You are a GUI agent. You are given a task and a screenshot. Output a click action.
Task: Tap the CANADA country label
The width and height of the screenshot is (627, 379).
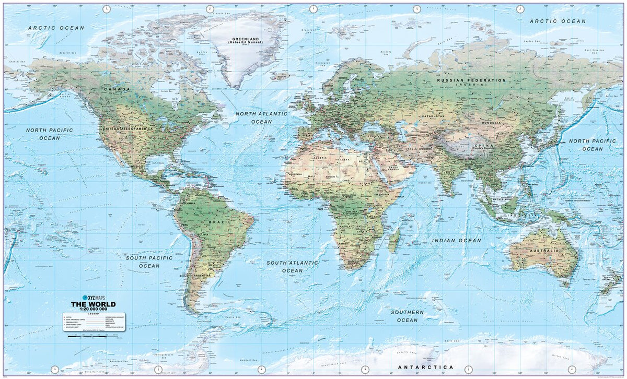[117, 89]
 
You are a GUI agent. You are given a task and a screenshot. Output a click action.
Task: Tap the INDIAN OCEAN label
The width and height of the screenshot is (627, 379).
[456, 241]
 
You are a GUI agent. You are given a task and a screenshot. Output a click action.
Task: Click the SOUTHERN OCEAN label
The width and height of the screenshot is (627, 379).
[408, 316]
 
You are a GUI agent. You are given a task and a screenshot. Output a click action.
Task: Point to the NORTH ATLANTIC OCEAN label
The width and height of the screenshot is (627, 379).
[261, 117]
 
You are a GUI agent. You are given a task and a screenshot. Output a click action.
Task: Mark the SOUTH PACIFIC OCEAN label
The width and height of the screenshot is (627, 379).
[149, 262]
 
